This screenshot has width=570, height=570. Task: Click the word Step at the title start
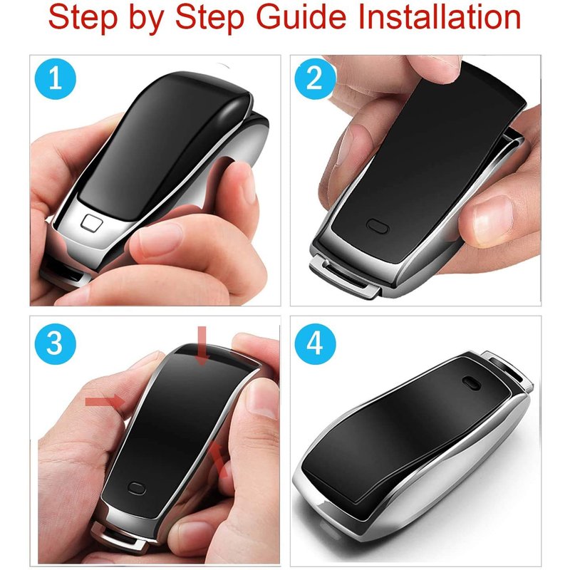coord(83,17)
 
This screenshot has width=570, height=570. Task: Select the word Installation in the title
coord(440,16)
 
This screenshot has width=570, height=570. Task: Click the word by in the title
coord(146,20)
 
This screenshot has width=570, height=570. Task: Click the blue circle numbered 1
coord(56,79)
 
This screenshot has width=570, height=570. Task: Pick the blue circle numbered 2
coord(315,79)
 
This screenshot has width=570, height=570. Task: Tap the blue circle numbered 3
coord(56,344)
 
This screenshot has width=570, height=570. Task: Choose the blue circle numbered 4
coord(315,344)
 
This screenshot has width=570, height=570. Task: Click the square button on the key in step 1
coord(92,222)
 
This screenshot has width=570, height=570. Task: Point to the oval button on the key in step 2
coord(378,226)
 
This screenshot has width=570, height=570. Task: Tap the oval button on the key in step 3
coord(137,488)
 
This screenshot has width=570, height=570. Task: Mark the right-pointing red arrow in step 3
coord(105,401)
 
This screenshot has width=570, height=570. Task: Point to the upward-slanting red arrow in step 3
coord(219,459)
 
